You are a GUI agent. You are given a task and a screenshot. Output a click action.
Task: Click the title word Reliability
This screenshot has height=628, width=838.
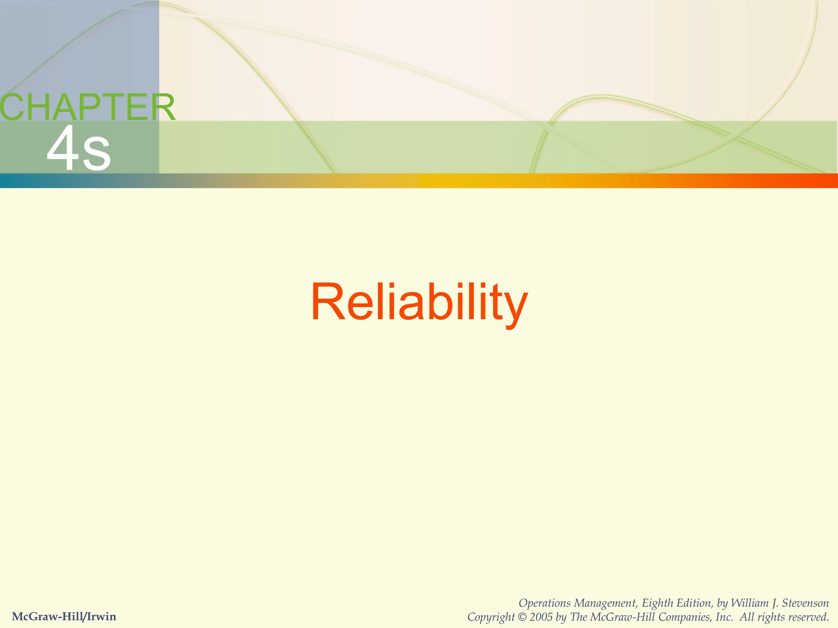419,303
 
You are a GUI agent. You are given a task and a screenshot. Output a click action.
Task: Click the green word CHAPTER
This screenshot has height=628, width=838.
87,107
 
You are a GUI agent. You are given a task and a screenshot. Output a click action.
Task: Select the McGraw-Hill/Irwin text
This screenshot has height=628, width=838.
64,617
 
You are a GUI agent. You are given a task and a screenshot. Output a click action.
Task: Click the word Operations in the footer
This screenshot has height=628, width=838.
545,603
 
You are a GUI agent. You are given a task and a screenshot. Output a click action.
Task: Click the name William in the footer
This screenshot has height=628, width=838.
749,603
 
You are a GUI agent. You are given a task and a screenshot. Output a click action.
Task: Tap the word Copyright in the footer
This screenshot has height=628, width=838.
491,617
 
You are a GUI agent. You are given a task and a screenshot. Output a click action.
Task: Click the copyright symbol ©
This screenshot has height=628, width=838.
522,617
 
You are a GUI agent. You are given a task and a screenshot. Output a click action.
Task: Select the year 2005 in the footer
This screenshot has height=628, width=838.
541,617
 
